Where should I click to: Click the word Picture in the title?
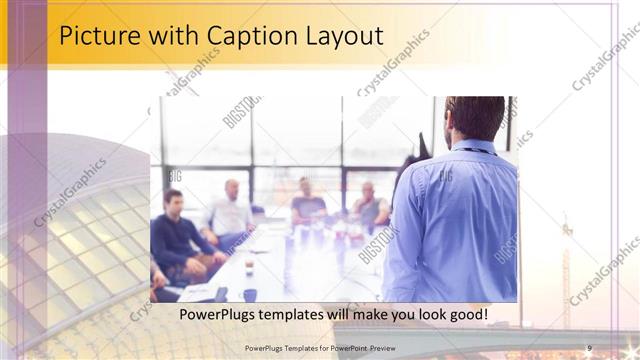(x=97, y=36)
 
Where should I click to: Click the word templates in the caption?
(x=302, y=315)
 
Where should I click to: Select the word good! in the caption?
(x=465, y=315)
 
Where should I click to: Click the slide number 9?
(x=590, y=347)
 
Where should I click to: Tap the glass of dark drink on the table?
(x=249, y=268)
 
